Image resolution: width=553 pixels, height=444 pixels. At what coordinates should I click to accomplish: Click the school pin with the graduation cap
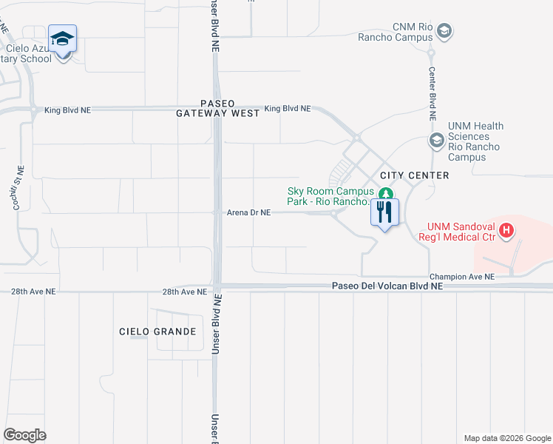pyautogui.click(x=63, y=39)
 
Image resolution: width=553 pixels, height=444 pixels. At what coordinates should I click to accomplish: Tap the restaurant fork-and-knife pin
pyautogui.click(x=384, y=212)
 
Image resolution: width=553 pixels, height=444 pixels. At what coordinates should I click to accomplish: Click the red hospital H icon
pyautogui.click(x=506, y=231)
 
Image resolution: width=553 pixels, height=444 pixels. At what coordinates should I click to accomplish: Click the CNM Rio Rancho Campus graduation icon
pyautogui.click(x=444, y=31)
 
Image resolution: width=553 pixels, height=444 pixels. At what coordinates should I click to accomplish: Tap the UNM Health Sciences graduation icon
pyautogui.click(x=437, y=141)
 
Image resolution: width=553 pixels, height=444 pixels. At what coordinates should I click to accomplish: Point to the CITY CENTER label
pyautogui.click(x=414, y=175)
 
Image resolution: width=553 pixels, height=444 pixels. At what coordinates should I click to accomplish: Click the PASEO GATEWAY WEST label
pyautogui.click(x=218, y=108)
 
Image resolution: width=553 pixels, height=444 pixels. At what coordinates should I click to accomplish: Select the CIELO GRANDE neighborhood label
pyautogui.click(x=157, y=332)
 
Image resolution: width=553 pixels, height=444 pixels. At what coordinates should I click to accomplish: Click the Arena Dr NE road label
pyautogui.click(x=249, y=212)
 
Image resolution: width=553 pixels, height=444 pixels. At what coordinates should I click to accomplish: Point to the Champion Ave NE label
pyautogui.click(x=459, y=277)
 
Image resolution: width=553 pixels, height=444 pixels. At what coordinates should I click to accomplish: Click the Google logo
pyautogui.click(x=24, y=435)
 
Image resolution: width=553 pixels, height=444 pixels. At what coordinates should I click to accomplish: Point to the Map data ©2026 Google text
pyautogui.click(x=506, y=438)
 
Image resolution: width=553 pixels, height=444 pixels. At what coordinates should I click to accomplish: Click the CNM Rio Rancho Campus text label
pyautogui.click(x=396, y=32)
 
